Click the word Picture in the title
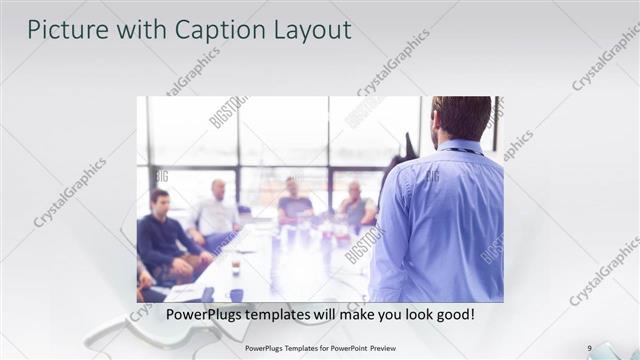pos(66,30)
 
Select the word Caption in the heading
pos(209,30)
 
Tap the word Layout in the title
pos(305,30)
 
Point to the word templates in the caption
pos(289,314)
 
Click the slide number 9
pos(589,347)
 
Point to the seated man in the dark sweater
pos(160,235)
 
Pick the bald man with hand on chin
pos(355,204)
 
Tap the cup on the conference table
pos(236,268)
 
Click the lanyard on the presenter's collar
pos(462,151)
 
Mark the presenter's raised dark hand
pos(407,150)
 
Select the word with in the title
pos(129,30)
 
